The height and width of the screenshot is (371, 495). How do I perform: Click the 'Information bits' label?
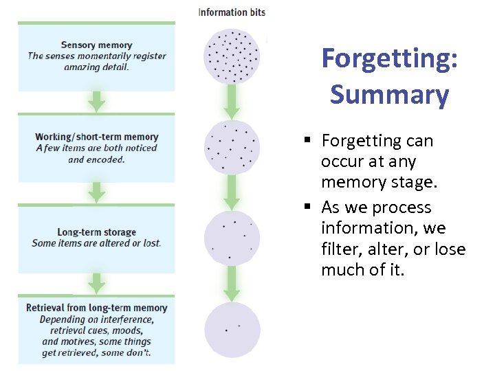[232, 12]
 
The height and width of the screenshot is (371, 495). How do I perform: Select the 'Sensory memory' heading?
[97, 45]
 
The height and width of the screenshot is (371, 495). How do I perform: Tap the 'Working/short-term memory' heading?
[97, 137]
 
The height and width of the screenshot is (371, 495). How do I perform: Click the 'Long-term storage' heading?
[96, 232]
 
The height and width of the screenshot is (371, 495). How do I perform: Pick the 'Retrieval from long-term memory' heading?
[97, 308]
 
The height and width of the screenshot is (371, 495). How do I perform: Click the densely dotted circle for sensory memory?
[232, 56]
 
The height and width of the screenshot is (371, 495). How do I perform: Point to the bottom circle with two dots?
[232, 329]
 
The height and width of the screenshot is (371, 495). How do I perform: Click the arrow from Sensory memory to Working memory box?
[97, 101]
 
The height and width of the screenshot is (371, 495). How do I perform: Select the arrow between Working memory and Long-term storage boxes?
[97, 192]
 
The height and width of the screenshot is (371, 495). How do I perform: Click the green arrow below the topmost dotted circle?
[232, 102]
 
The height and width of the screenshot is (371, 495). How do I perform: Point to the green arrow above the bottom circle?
[232, 283]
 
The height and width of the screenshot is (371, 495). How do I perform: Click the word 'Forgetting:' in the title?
[389, 59]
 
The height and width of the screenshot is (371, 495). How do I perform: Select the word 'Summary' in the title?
[389, 94]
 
